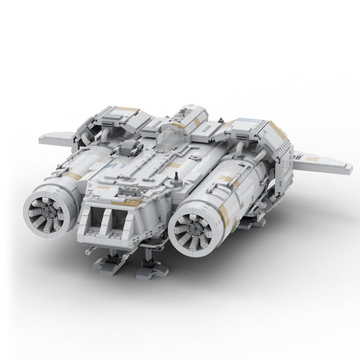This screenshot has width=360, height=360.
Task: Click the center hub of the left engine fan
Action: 47,207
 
